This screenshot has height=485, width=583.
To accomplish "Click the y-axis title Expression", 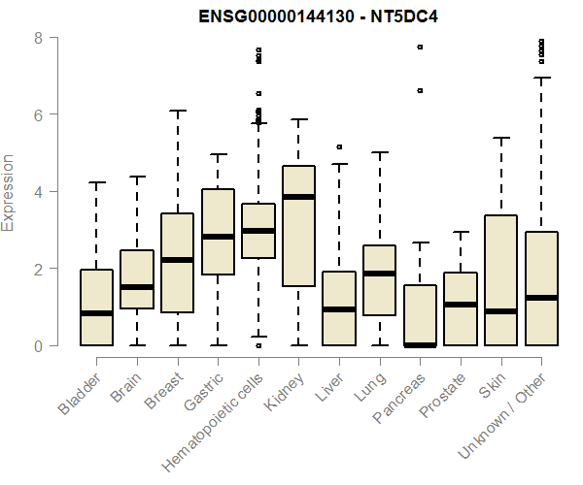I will coord(9,192).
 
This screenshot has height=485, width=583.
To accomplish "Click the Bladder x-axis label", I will coord(79,393).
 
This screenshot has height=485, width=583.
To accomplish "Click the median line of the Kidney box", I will coord(298,197).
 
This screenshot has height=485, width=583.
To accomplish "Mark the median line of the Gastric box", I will coord(218,237).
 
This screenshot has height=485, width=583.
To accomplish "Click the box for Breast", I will coord(177,263).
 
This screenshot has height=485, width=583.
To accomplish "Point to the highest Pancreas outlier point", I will coord(420,47).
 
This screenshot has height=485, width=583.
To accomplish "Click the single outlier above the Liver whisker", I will coord(339,146).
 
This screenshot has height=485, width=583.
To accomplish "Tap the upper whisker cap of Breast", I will coord(177,111).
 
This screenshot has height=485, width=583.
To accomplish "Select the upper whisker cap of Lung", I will coord(379,152).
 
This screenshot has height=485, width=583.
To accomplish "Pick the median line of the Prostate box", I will coord(461,305).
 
